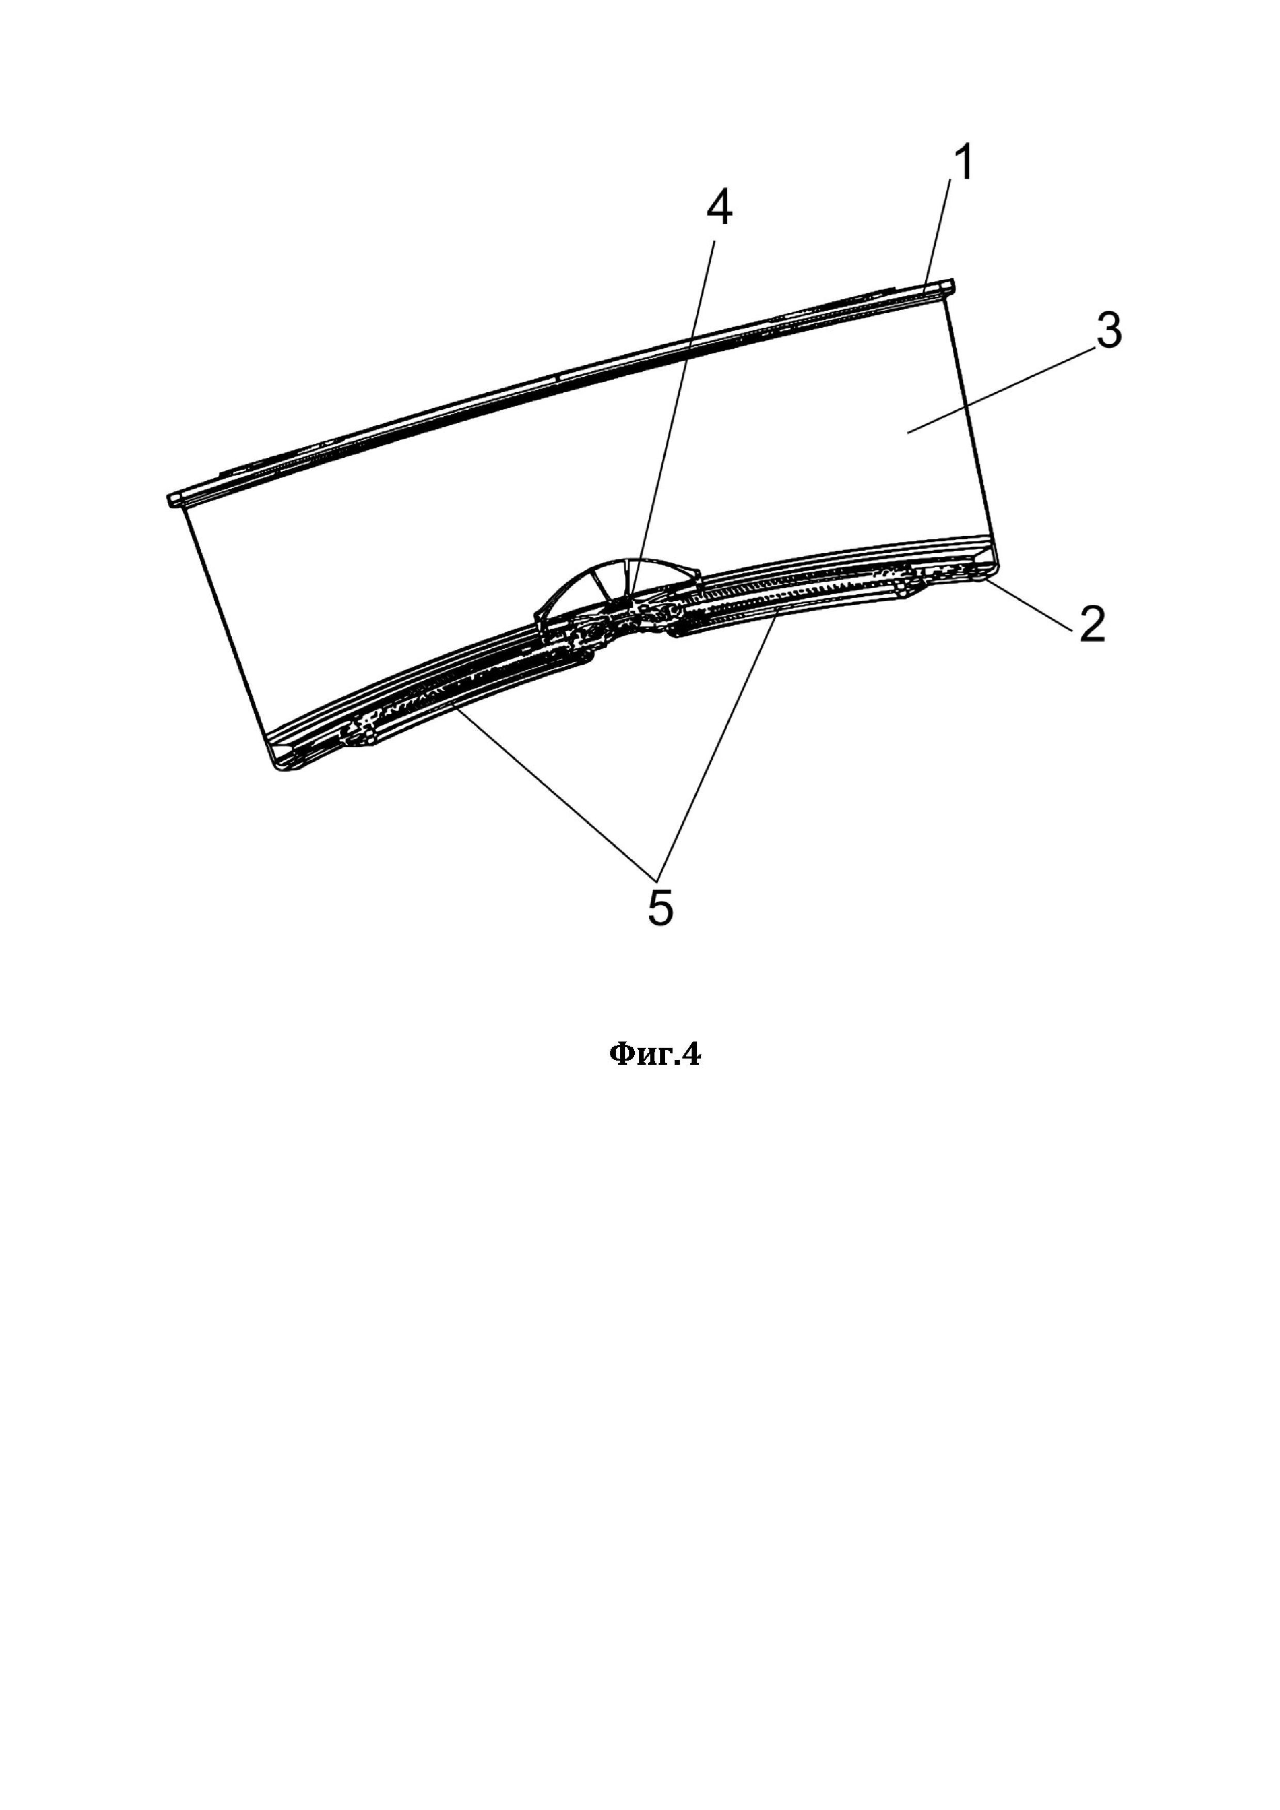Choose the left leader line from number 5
pyautogui.click(x=552, y=788)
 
